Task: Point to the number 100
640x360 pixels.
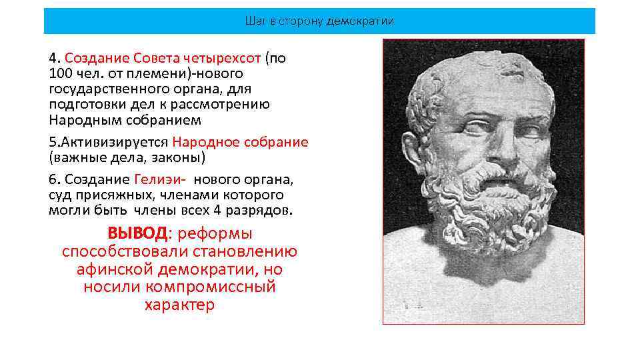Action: [61, 73]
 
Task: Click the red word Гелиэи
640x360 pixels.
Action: [158, 179]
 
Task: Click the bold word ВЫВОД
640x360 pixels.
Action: [137, 234]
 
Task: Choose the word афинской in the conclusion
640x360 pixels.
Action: [114, 269]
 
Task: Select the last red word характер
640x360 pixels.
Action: [179, 305]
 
